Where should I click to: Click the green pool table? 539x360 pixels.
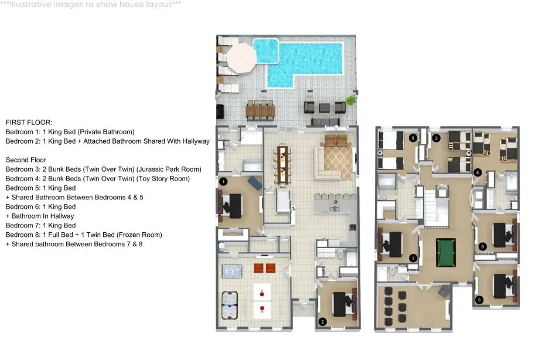[446, 253]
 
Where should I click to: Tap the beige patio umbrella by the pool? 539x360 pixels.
[241, 57]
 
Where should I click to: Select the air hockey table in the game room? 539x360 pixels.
[230, 304]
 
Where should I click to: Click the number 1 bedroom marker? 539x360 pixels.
[223, 181]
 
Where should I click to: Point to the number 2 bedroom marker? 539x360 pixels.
[322, 322]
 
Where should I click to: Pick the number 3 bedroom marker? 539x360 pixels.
[436, 138]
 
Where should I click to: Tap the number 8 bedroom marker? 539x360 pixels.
[413, 138]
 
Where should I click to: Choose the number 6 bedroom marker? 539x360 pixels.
[479, 300]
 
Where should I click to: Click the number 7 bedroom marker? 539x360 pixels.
[413, 258]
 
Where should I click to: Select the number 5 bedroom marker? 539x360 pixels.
[482, 246]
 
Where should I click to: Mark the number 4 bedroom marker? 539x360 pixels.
[477, 172]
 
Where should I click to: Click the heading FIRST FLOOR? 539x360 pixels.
[29, 123]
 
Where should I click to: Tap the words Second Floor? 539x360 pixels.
[26, 160]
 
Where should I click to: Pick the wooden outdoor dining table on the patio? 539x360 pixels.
[260, 111]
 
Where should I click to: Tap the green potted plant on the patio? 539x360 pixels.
[350, 100]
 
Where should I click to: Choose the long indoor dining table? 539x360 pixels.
[282, 165]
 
